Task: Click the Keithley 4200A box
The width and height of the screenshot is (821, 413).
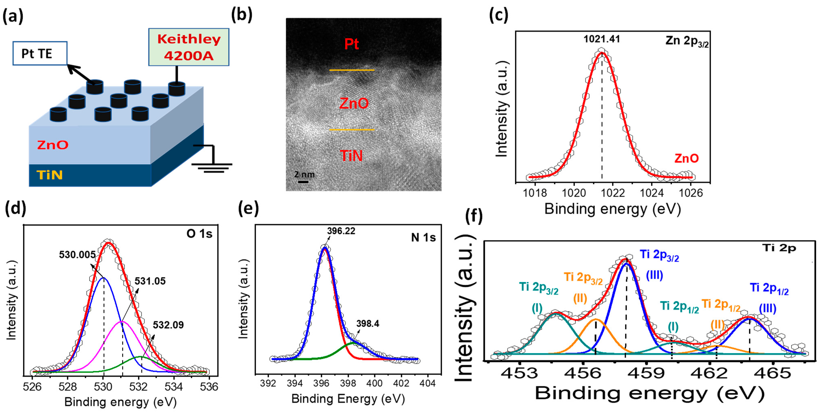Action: (x=189, y=47)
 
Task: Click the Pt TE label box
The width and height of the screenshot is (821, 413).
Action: (x=40, y=53)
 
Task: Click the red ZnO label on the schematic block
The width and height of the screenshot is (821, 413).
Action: (x=53, y=145)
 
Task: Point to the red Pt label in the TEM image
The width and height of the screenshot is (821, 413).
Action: (x=351, y=44)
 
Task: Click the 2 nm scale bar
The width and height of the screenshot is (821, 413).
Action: (x=303, y=182)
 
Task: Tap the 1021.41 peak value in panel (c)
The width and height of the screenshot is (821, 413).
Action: (x=601, y=39)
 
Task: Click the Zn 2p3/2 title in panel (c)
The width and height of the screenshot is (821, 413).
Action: (x=687, y=41)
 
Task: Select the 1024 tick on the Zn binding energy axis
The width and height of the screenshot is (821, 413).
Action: (x=652, y=193)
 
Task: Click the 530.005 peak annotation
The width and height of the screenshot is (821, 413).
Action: (x=77, y=255)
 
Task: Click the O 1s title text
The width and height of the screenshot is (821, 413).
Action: (x=199, y=234)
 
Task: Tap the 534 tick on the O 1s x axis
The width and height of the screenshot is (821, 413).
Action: (x=174, y=387)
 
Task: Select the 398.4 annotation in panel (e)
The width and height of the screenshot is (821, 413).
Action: (x=368, y=324)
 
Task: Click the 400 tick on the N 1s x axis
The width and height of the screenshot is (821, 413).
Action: (x=374, y=383)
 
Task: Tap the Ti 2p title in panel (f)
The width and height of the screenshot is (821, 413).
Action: (x=779, y=248)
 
